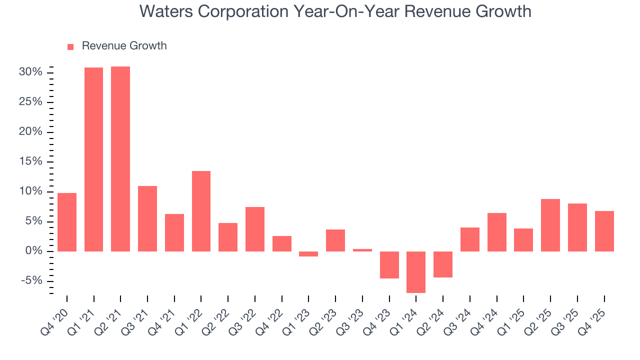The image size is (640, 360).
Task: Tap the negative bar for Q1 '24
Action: (416, 272)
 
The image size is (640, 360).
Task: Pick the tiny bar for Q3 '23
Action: (362, 250)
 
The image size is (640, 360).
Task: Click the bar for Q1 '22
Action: (201, 211)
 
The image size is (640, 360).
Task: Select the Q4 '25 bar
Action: (604, 231)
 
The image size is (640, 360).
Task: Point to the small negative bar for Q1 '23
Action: (308, 254)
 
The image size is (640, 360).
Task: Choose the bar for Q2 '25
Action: (550, 225)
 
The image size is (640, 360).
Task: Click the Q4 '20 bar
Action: (67, 222)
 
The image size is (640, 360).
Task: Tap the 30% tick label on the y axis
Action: (31, 72)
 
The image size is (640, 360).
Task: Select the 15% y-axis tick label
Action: (31, 162)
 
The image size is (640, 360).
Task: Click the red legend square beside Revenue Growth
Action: (70, 46)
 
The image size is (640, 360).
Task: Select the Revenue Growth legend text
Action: (124, 46)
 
